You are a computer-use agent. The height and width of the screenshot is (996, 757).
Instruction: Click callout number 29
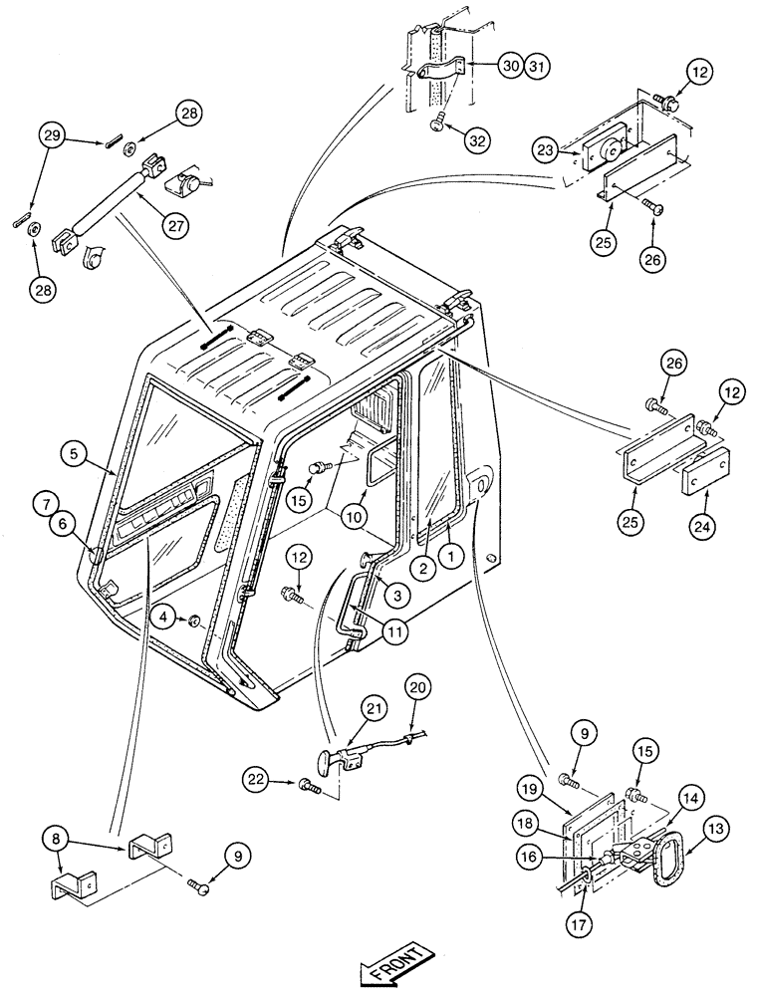pyautogui.click(x=52, y=134)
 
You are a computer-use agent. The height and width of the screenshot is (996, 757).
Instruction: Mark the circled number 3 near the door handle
pyautogui.click(x=394, y=596)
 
